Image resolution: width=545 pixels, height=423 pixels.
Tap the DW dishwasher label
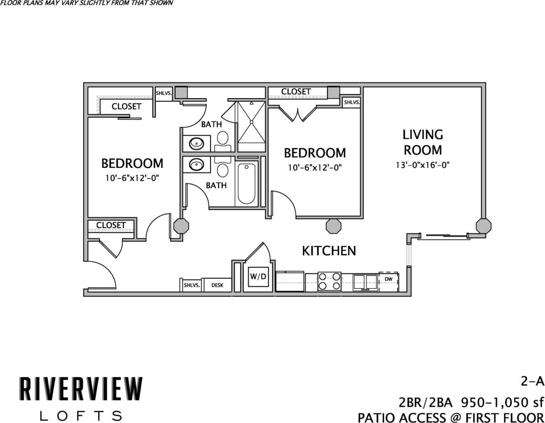388,279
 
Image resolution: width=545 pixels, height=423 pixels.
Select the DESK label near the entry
217,285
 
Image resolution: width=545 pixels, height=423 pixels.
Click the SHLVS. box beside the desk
191,285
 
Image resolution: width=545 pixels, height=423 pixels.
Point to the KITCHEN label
329,251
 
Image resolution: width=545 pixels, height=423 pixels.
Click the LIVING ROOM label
423,142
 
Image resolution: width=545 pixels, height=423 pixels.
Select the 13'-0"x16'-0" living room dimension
423,165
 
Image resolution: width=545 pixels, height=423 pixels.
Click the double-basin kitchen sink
365,282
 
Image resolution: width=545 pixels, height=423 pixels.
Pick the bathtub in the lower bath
246,184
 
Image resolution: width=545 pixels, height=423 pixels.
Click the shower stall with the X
251,126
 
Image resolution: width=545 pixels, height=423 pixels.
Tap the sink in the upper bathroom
196,143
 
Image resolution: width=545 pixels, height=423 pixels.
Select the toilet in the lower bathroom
223,169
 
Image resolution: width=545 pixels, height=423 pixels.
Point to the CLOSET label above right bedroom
296,92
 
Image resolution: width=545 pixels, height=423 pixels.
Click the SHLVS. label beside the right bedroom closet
351,103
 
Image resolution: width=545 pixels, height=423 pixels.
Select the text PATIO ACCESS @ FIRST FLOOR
450,417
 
